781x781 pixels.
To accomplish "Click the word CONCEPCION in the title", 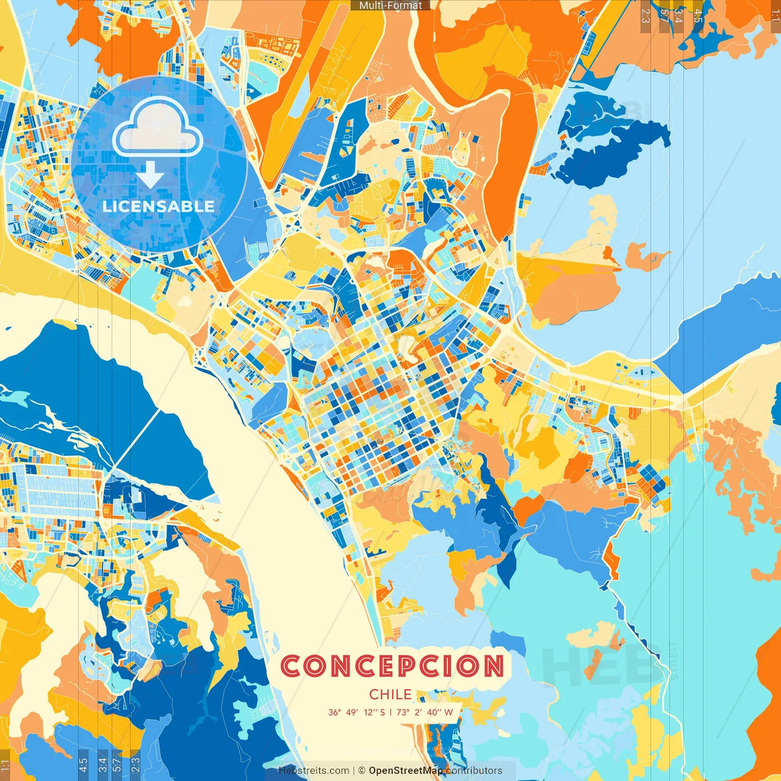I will pos(392,666).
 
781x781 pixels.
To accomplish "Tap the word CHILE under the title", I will pos(390,694).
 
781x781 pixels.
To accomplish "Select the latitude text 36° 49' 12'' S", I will pos(356,712).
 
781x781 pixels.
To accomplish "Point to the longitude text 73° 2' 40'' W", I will pos(425,712).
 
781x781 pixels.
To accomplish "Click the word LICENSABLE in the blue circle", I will pos(159,206).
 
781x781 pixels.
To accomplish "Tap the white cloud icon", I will pos(158,128).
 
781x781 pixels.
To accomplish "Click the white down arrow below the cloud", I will pos(150,175).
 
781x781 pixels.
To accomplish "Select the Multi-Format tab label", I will pos(390,5).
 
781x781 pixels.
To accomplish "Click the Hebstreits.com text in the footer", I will pos(314,771).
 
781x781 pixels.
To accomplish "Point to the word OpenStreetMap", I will pos(406,771).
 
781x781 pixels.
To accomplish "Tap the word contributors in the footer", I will pos(474,771).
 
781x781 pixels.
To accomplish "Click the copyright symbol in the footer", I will pos(361,771).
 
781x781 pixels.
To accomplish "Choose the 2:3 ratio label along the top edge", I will pos(646,16).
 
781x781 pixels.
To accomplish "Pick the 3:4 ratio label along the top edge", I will pos(678,16).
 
